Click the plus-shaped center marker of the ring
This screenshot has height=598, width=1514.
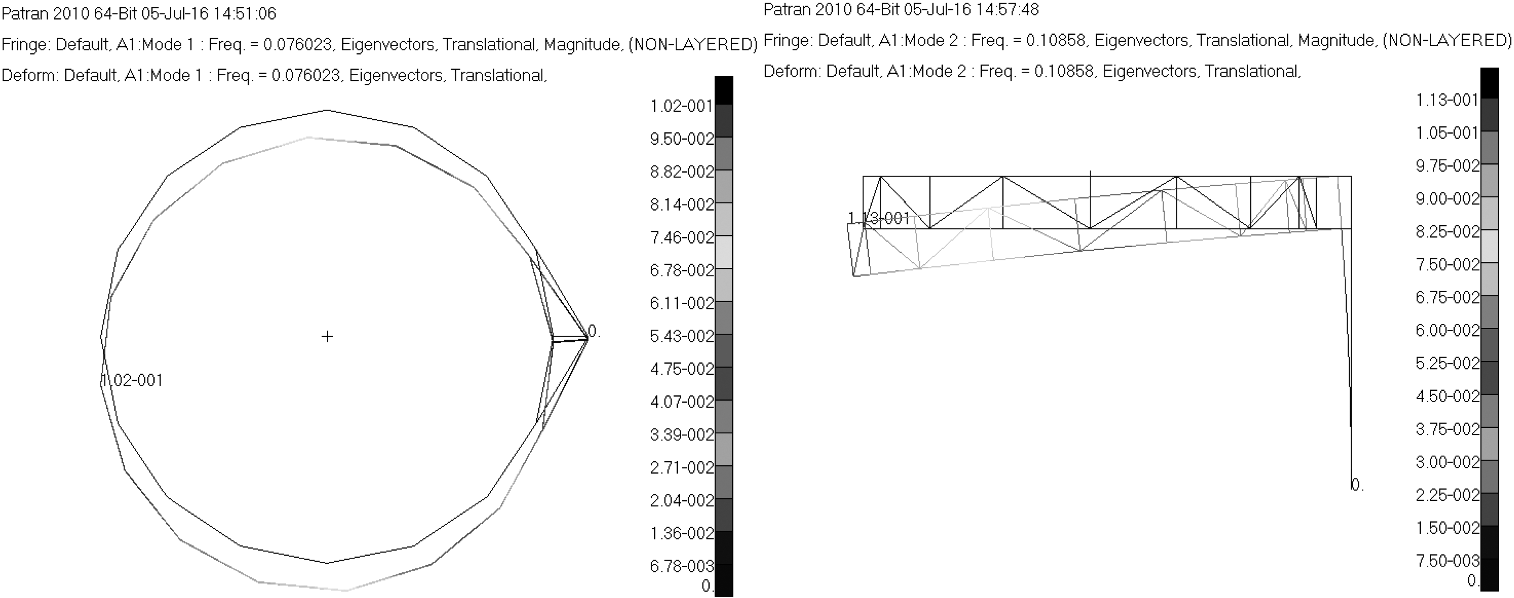point(328,336)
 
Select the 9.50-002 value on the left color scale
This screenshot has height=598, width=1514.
point(682,139)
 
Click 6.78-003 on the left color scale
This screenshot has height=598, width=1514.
point(682,566)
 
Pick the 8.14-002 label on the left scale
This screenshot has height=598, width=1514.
point(682,205)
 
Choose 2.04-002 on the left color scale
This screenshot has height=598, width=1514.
point(682,500)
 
